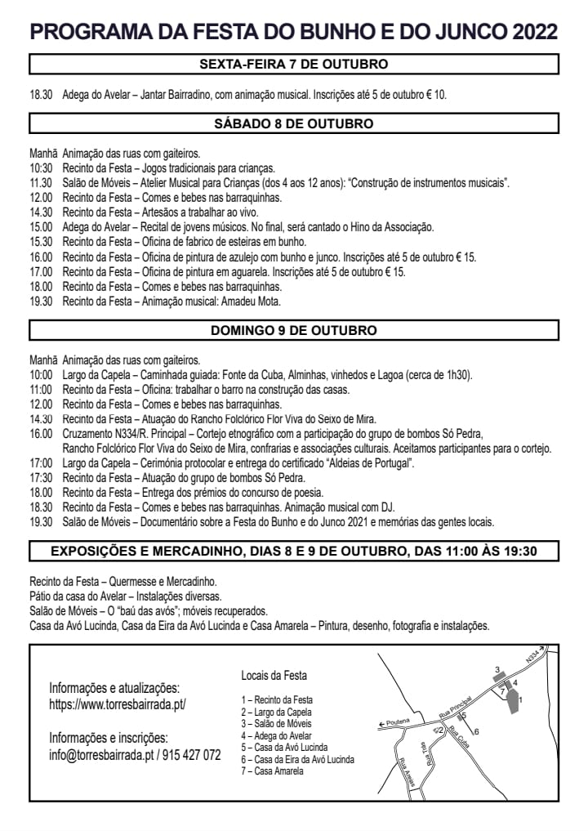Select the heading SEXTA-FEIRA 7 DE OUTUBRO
(x=294, y=64)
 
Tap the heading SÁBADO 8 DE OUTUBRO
(x=294, y=123)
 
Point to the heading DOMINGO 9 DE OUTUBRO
(x=294, y=331)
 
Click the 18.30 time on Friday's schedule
(x=41, y=95)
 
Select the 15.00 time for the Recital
(x=41, y=227)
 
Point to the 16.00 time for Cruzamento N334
(x=41, y=434)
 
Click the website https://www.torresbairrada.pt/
(x=118, y=704)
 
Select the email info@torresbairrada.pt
(x=101, y=755)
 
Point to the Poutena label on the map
(x=396, y=722)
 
